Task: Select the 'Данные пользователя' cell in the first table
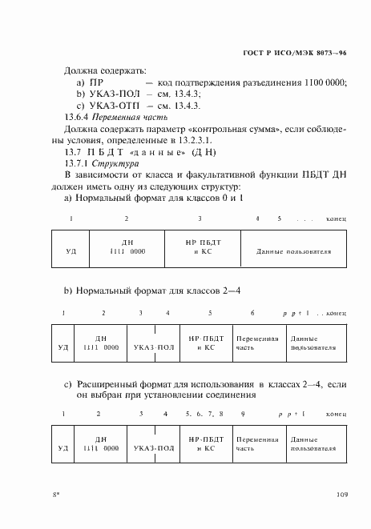point(293,250)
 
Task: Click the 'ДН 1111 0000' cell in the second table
point(102,343)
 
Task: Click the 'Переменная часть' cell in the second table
point(257,343)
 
